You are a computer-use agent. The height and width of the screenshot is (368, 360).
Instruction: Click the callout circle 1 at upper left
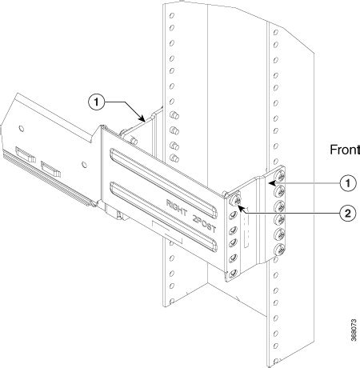coord(94,102)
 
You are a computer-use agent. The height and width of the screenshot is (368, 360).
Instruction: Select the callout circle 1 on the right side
coord(348,182)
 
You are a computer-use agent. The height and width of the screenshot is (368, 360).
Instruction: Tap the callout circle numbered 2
coord(348,213)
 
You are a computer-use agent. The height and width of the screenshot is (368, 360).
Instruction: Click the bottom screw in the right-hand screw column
coord(281,250)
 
